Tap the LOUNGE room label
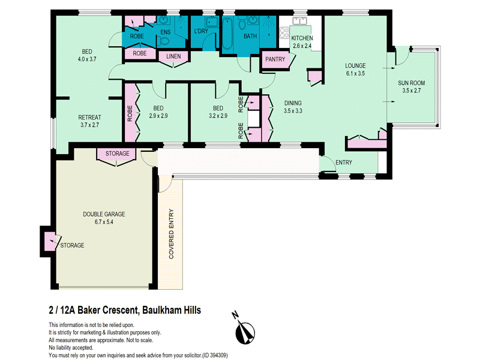click(x=355, y=65)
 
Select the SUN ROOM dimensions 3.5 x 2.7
click(x=412, y=91)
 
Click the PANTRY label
click(x=275, y=59)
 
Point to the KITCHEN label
click(x=302, y=38)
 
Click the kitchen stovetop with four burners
click(x=284, y=33)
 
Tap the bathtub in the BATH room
click(x=227, y=33)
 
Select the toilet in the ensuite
click(x=164, y=40)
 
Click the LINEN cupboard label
click(x=173, y=56)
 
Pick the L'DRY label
click(x=201, y=31)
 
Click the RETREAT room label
click(x=89, y=117)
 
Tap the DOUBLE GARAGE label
click(x=104, y=214)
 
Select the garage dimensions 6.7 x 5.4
click(x=104, y=222)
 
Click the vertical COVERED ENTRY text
click(x=171, y=234)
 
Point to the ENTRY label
click(x=344, y=163)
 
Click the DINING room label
click(x=293, y=103)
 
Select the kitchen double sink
click(x=299, y=20)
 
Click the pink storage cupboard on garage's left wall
click(x=50, y=241)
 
